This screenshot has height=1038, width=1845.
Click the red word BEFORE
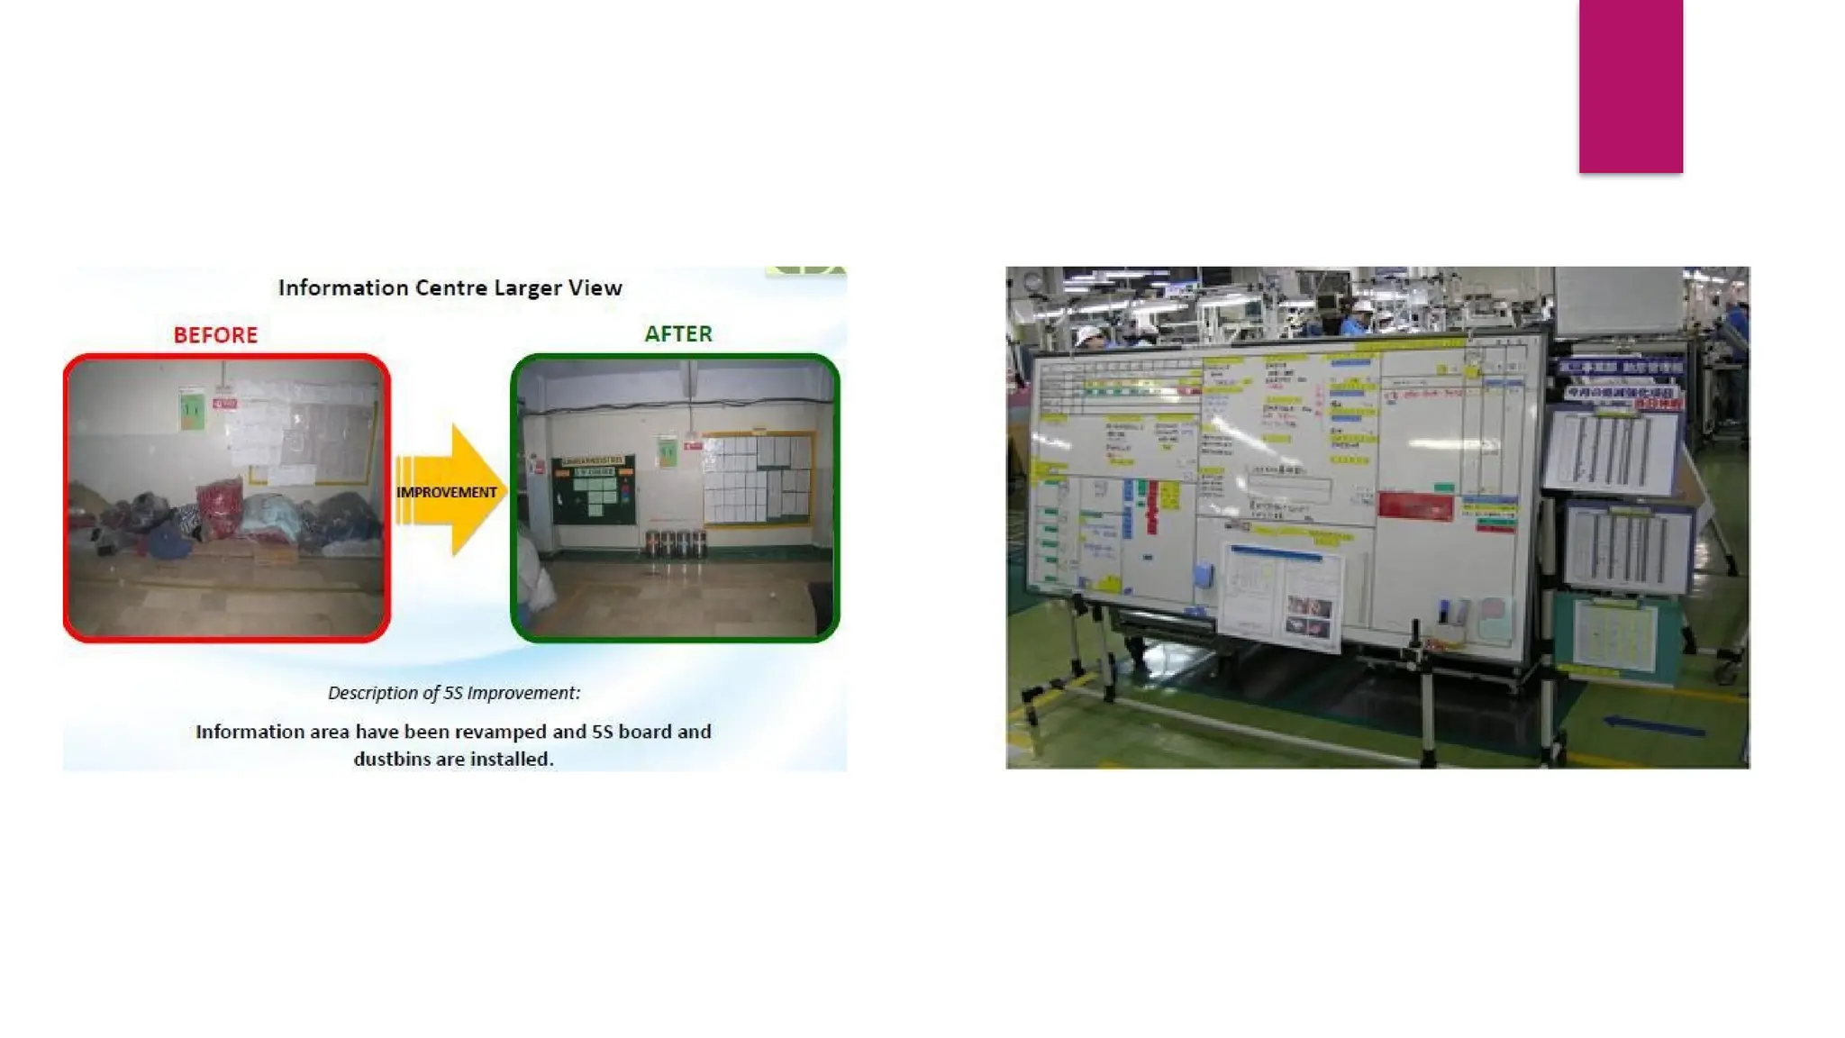pyautogui.click(x=215, y=335)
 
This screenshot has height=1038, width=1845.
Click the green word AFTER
pyautogui.click(x=677, y=334)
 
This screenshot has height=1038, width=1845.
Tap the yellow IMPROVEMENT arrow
pyautogui.click(x=450, y=491)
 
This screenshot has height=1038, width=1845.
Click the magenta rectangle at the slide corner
pyautogui.click(x=1630, y=86)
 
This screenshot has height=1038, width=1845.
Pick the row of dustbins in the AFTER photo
pyautogui.click(x=675, y=543)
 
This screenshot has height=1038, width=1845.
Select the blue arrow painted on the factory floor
pyautogui.click(x=1654, y=725)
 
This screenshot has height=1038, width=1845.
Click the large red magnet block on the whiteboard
pyautogui.click(x=1415, y=505)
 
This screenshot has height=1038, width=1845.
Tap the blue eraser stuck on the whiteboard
pyautogui.click(x=1204, y=575)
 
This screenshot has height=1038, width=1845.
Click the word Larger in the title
pyautogui.click(x=527, y=288)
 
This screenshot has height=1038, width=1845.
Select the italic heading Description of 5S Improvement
pyautogui.click(x=453, y=693)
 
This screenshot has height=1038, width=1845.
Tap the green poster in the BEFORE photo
pyautogui.click(x=191, y=410)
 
